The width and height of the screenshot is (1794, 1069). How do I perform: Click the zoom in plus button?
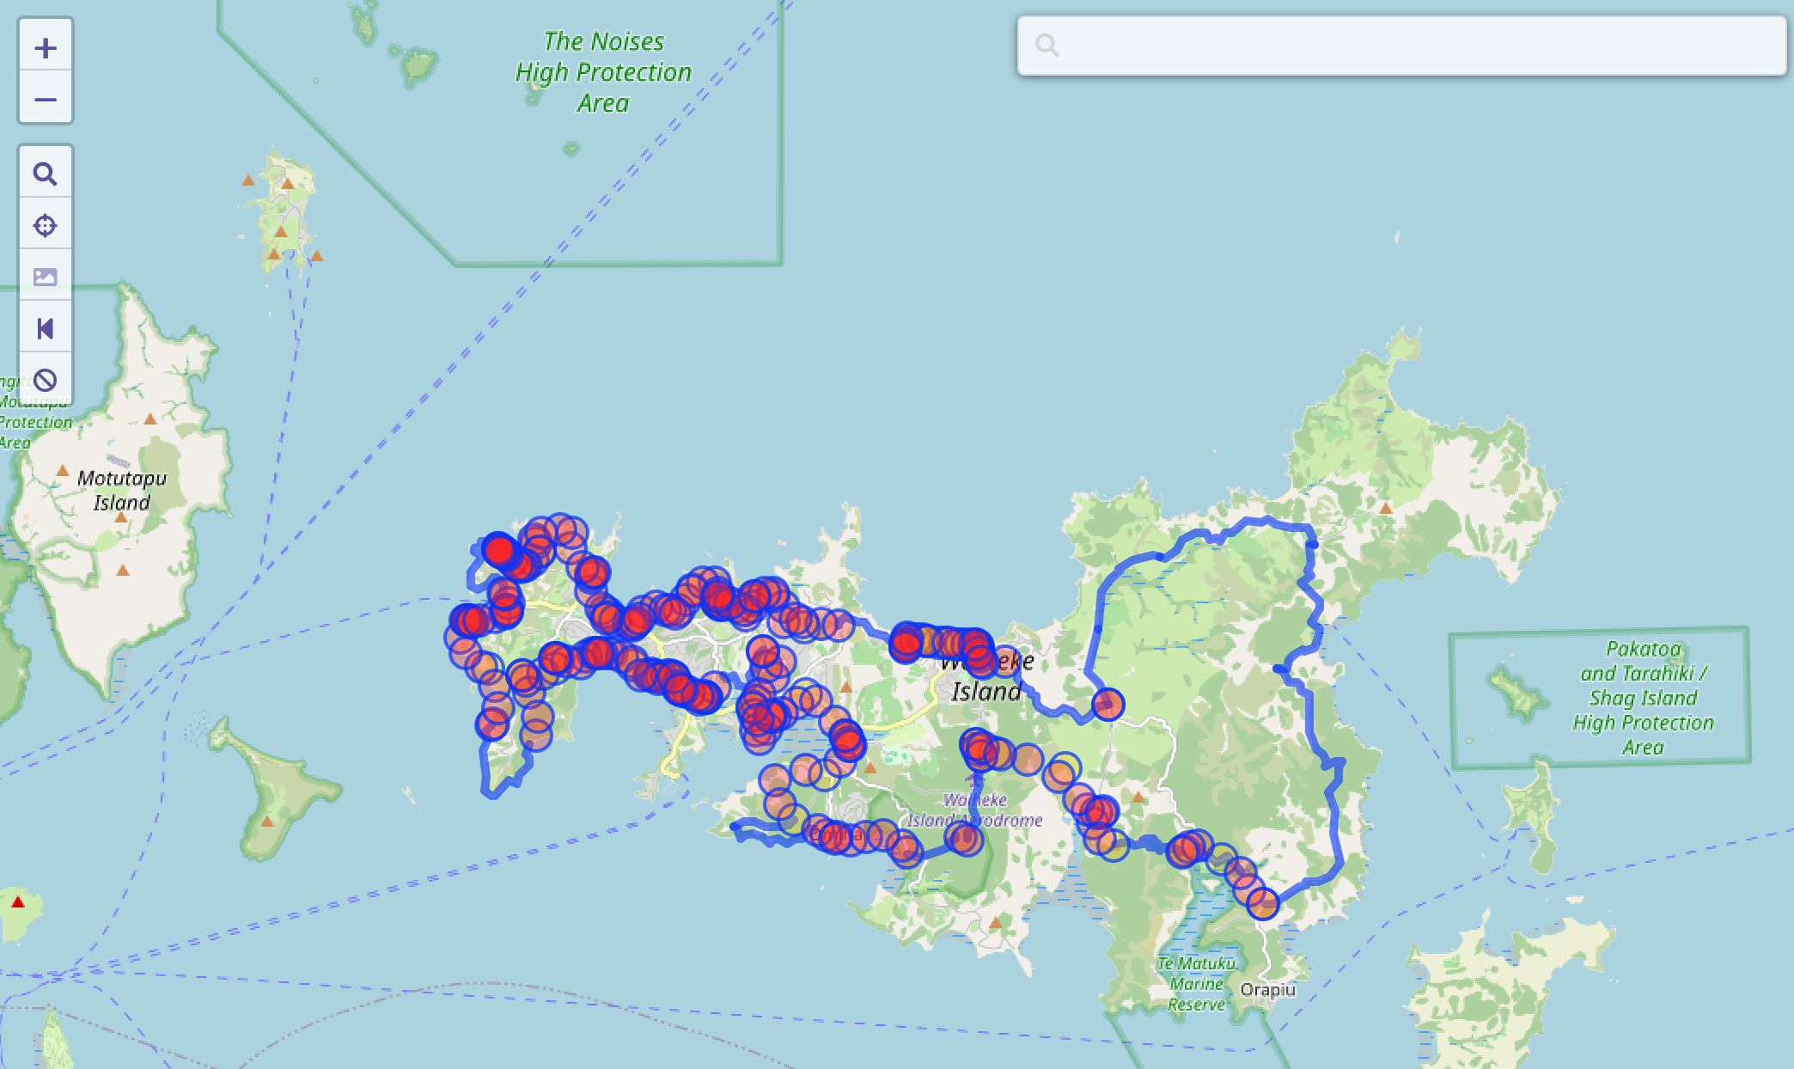[x=46, y=48]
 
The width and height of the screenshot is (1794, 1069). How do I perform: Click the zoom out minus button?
[x=46, y=100]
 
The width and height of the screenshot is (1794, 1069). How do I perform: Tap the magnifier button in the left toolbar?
[x=46, y=174]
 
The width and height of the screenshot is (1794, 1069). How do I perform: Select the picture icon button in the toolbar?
[x=46, y=277]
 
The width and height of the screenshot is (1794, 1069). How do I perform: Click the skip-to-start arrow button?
[x=46, y=328]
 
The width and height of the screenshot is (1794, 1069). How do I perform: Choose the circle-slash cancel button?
[x=46, y=380]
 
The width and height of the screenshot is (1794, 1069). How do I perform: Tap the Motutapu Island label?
[x=122, y=490]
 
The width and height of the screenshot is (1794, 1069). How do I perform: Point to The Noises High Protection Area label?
[x=603, y=72]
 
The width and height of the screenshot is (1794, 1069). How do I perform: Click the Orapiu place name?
[x=1267, y=989]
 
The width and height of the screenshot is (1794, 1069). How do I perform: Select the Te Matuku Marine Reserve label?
[x=1196, y=984]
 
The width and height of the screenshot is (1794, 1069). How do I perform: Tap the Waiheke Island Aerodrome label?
[x=975, y=810]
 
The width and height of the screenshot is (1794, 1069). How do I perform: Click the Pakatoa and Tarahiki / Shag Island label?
[x=1643, y=698]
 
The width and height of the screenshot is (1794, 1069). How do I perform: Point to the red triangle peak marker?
[x=18, y=902]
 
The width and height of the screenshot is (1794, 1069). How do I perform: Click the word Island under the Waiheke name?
[x=985, y=692]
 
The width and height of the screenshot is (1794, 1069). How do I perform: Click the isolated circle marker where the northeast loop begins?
[x=1108, y=705]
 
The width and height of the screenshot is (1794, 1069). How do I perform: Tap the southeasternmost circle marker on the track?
[x=1262, y=903]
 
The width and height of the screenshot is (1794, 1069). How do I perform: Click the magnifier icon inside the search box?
[x=1046, y=45]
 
